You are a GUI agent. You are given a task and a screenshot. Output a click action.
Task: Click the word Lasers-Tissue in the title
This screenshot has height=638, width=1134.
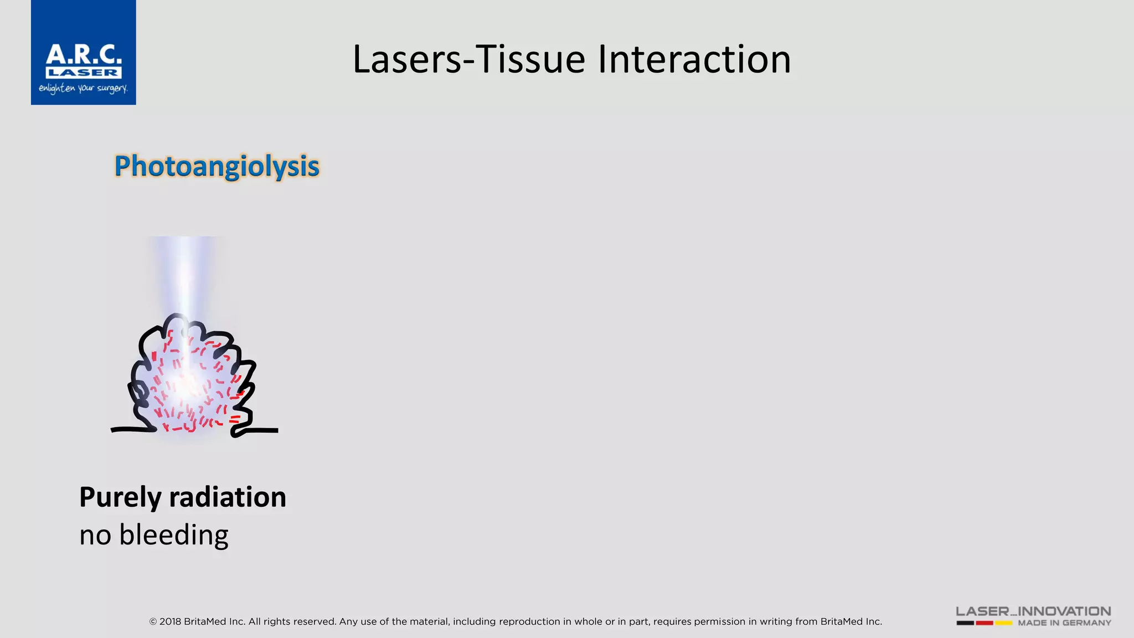pos(468,59)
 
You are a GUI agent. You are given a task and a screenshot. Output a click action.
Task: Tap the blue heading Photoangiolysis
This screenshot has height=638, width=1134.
pos(217,166)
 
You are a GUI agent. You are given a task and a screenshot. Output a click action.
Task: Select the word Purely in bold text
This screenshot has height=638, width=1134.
pos(120,497)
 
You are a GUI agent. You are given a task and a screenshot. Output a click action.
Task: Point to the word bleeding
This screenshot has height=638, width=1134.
pos(174,536)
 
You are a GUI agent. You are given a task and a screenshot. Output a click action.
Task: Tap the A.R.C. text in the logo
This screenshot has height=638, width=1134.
pos(84,55)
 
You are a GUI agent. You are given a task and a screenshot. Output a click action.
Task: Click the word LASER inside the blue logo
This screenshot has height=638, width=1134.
pos(83,73)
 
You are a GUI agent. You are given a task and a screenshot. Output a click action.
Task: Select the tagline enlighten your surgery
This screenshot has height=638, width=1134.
pos(83,89)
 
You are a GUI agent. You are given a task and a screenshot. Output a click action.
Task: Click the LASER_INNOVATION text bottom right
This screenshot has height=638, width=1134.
pos(1033,611)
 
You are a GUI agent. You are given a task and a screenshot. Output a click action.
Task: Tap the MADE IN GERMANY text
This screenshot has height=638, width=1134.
pos(1064,623)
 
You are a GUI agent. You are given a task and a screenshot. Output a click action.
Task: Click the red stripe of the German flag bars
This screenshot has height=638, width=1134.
pos(984,623)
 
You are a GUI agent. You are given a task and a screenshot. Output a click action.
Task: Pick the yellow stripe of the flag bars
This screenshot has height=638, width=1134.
pos(1003,623)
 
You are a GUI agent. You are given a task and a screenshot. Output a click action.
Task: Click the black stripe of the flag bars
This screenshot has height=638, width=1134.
pos(965,623)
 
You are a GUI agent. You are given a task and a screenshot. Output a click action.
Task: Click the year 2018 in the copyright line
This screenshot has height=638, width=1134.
pos(170,621)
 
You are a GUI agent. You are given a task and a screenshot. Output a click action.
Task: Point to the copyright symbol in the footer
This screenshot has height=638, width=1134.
pos(153,622)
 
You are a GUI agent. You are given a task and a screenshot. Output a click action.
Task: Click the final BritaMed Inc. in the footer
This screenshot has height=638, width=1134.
pos(851,621)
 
